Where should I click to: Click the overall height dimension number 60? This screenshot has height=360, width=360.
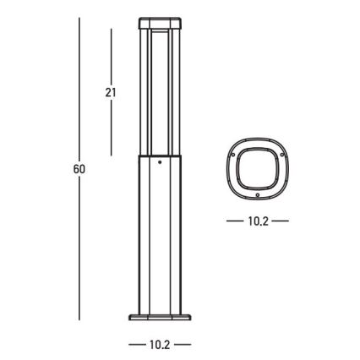point(79,169)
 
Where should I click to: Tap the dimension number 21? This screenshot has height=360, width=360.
point(111,93)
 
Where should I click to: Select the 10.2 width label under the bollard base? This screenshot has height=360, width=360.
point(160,345)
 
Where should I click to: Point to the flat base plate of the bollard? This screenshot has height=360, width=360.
point(160,319)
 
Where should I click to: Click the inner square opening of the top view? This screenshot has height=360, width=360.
point(258,170)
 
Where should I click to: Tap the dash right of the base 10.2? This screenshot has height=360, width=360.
point(184,345)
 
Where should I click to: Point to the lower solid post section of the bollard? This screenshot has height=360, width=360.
point(160,237)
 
